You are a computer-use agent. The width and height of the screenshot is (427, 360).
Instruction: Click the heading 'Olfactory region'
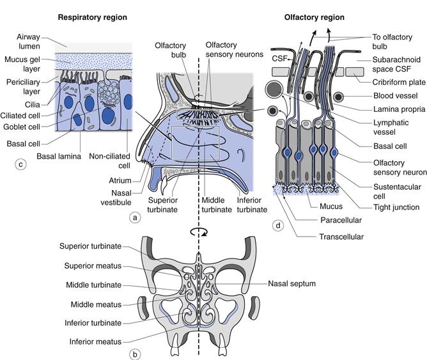coord(315,17)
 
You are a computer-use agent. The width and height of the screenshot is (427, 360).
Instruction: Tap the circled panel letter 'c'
coord(20,164)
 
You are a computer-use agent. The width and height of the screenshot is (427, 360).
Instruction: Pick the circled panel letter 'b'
coord(135,350)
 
